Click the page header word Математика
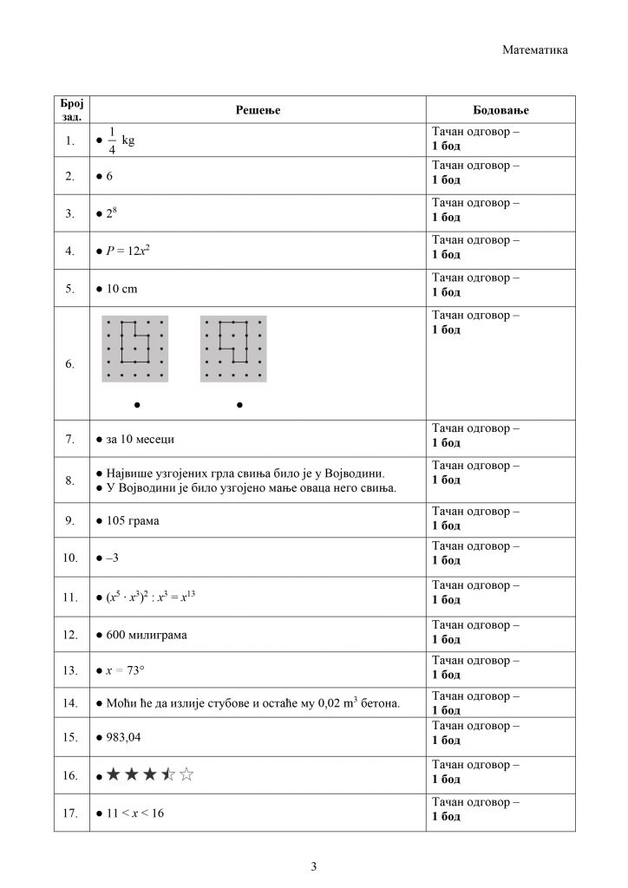(535, 50)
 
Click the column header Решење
(258, 110)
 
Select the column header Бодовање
(500, 110)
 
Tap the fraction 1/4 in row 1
(112, 140)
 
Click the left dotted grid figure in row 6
(135, 349)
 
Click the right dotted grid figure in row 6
(233, 349)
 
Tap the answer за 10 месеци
(140, 439)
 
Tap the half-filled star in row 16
(169, 774)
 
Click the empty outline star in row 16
(187, 774)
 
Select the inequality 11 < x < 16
(134, 813)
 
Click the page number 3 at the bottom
(314, 866)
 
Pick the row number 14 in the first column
(71, 702)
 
